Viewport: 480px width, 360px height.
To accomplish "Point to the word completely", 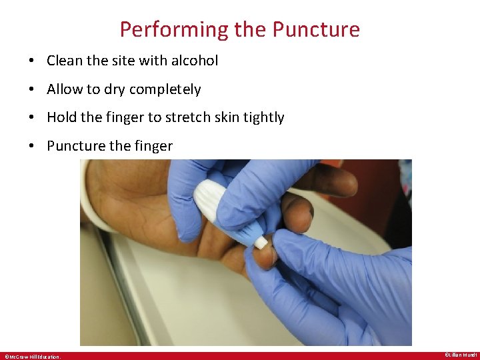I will [165, 89].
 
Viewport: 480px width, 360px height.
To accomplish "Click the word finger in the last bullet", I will [153, 146].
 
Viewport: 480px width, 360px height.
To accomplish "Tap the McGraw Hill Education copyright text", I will [33, 356].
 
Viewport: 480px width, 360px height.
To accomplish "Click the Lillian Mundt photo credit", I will [460, 355].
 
